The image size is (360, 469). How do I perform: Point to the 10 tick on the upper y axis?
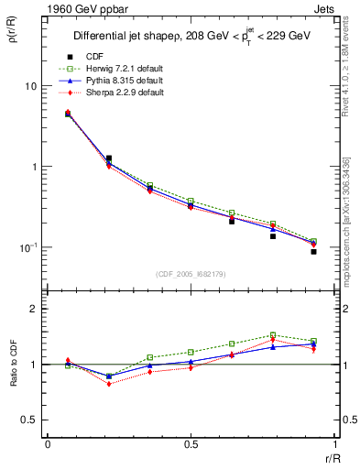coord(30,86)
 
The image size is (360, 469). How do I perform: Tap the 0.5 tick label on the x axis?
coord(191,443)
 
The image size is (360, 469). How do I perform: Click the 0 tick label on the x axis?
coord(48,443)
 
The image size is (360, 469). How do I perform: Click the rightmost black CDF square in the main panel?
coord(313,251)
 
